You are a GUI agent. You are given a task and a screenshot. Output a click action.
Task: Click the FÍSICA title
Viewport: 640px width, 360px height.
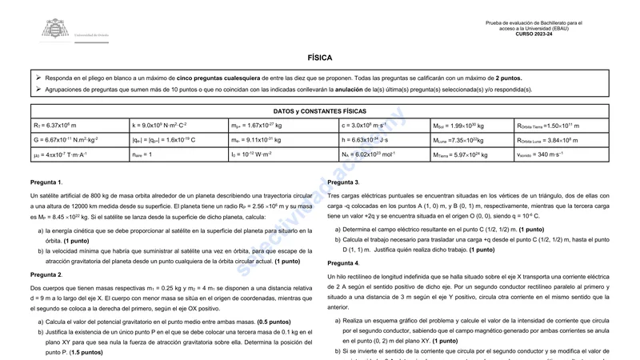pyautogui.click(x=319, y=58)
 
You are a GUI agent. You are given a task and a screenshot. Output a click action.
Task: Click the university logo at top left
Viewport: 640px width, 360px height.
pyautogui.click(x=55, y=30)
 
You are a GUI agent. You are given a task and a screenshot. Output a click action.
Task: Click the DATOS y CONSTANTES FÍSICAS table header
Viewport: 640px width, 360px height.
pyautogui.click(x=319, y=111)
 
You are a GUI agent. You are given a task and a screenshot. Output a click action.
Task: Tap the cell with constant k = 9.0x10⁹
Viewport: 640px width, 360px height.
pyautogui.click(x=179, y=126)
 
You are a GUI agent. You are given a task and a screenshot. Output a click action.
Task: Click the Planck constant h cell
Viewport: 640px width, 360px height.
pyautogui.click(x=384, y=140)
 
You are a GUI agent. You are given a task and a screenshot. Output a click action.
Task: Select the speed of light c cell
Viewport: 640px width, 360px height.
pyautogui.click(x=384, y=126)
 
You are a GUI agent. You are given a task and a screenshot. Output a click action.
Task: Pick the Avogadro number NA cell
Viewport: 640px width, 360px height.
pyautogui.click(x=384, y=154)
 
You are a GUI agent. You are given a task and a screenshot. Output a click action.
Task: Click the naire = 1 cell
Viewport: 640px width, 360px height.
pyautogui.click(x=179, y=154)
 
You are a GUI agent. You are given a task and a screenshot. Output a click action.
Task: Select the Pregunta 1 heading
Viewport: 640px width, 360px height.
pyautogui.click(x=46, y=182)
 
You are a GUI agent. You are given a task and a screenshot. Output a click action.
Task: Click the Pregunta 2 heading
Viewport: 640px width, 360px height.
pyautogui.click(x=46, y=274)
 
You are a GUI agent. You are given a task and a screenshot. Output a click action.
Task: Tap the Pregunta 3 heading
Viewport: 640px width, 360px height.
pyautogui.click(x=344, y=182)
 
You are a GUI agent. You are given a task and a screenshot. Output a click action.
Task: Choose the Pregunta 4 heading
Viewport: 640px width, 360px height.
pyautogui.click(x=344, y=262)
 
